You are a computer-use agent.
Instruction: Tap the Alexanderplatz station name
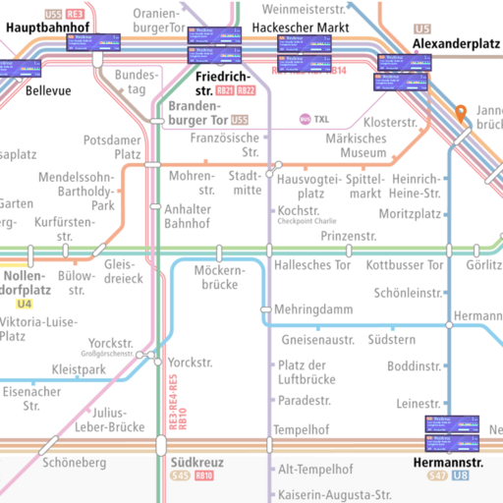pyautogui.click(x=451, y=45)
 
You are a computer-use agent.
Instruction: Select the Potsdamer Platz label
pyautogui.click(x=113, y=147)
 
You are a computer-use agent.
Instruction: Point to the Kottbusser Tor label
pyautogui.click(x=404, y=265)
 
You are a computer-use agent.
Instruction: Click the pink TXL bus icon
pyautogui.click(x=306, y=120)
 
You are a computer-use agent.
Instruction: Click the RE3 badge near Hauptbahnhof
pyautogui.click(x=76, y=14)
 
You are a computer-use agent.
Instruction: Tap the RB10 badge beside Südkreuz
pyautogui.click(x=204, y=476)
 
